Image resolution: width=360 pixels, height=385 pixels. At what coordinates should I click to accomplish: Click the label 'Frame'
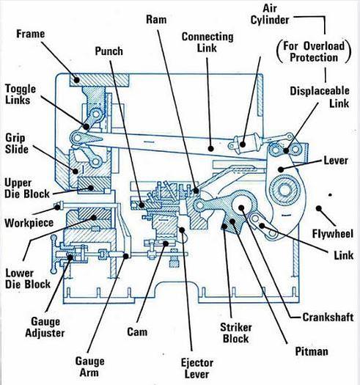(x=31, y=34)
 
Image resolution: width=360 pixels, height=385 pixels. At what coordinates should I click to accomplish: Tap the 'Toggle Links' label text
(x=21, y=95)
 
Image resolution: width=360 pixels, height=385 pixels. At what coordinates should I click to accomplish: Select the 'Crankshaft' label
(x=328, y=318)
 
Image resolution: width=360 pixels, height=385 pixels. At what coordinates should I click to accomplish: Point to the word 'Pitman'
(x=312, y=351)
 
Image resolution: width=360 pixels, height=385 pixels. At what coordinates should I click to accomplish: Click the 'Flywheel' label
(x=332, y=233)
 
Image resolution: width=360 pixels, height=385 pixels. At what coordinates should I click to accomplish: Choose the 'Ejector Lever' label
(x=197, y=368)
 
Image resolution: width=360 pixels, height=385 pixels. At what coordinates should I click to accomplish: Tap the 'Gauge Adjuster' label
(x=45, y=327)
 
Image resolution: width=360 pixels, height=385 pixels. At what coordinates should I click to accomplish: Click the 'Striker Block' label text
(x=236, y=333)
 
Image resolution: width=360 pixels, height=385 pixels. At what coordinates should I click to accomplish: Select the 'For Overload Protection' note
(x=314, y=52)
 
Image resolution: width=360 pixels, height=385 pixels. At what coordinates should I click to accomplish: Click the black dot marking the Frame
(x=77, y=80)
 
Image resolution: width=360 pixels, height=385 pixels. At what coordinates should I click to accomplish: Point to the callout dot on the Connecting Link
(x=210, y=148)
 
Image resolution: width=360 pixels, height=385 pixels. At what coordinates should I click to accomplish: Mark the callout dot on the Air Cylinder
(x=243, y=144)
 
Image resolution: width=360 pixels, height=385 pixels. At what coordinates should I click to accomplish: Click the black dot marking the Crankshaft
(x=241, y=208)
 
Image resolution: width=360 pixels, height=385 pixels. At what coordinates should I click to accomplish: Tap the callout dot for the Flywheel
(x=319, y=208)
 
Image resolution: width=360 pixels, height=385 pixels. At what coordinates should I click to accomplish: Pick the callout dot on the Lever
(x=281, y=169)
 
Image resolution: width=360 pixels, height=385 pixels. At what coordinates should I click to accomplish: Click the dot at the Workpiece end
(x=57, y=208)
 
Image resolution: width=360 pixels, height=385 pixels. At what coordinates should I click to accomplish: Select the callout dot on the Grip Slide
(x=75, y=171)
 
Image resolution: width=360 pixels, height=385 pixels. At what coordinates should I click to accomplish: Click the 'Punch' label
(x=109, y=51)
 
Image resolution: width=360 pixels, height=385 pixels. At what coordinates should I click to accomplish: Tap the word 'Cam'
(x=137, y=331)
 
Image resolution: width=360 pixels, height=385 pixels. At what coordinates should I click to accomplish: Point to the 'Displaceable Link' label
(x=320, y=97)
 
